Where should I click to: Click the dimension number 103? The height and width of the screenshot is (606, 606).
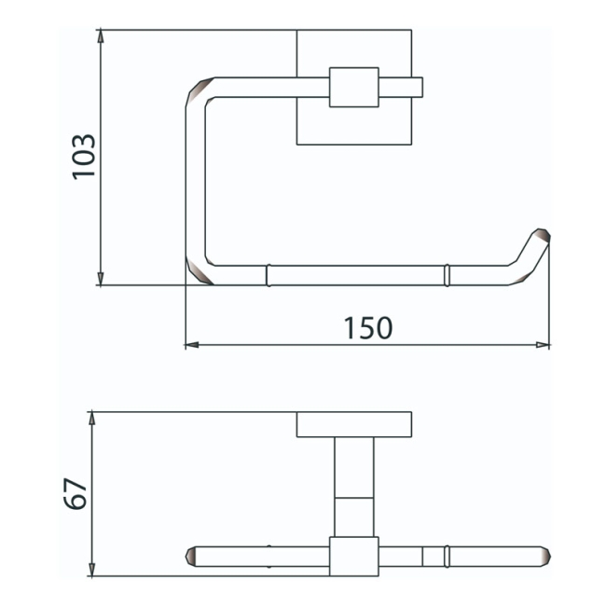[x=85, y=156]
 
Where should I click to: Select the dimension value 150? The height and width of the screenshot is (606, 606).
[x=367, y=327]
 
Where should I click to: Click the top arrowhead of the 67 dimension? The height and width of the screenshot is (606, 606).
[x=92, y=418]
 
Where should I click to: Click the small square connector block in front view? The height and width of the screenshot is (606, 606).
[x=354, y=87]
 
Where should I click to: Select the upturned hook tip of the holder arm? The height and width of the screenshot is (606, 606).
[x=539, y=241]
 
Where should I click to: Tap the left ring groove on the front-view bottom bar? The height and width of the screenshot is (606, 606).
[x=268, y=275]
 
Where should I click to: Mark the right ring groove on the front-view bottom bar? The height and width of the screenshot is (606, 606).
[x=448, y=275]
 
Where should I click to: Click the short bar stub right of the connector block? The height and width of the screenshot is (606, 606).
[x=401, y=87]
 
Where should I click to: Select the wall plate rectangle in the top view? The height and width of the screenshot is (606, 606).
[x=354, y=424]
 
